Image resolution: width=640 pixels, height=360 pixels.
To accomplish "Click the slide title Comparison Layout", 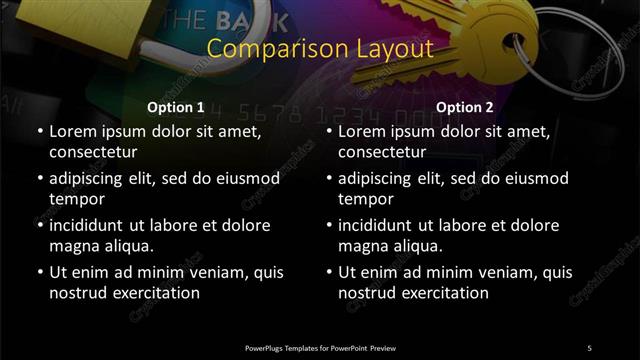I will coord(319,49).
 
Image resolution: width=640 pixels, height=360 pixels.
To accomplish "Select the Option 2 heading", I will coord(465,107).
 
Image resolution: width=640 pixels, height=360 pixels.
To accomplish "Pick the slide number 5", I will coord(589,348).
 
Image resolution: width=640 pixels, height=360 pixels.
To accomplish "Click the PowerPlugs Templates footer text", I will coord(320,348).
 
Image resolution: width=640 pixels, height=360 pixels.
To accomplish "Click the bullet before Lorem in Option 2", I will coord(329,132).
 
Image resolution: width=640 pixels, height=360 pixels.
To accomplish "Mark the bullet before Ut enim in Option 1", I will coord(39,272).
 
